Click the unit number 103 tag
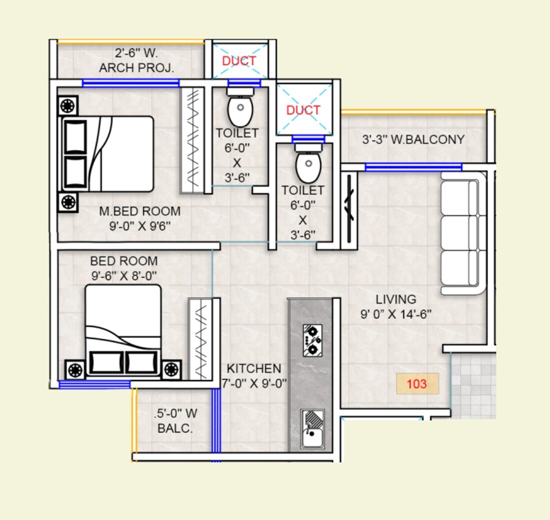[417, 384]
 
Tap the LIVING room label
[395, 299]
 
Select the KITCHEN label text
[253, 369]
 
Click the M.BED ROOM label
[139, 211]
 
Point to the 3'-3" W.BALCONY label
[413, 139]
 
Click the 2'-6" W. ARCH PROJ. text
[136, 60]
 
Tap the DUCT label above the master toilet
[239, 60]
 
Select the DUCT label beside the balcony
[303, 110]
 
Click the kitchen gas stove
[312, 339]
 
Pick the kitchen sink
[312, 429]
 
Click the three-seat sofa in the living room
[463, 233]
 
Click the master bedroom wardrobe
[192, 140]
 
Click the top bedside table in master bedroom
[67, 106]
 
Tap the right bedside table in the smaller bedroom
[171, 370]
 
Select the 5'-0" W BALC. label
[175, 421]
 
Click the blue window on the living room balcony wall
[413, 167]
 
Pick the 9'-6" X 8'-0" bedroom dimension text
[123, 275]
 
